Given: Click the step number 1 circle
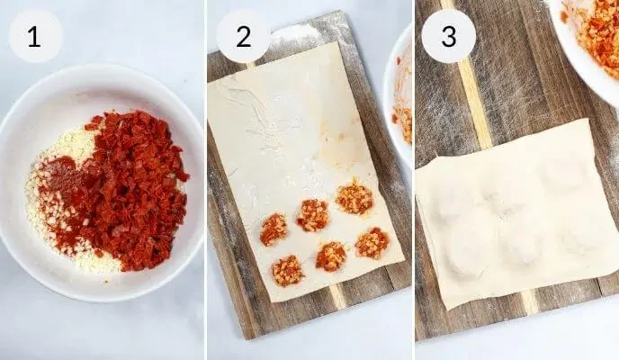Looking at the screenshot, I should tap(35, 37).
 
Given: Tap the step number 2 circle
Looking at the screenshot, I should tap(243, 37).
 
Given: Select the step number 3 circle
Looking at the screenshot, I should tap(448, 37).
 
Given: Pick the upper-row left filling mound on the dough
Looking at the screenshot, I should tap(274, 229).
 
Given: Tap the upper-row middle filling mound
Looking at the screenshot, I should tap(313, 215).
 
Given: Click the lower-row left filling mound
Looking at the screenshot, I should tap(288, 270).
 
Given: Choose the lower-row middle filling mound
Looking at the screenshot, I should tap(331, 256).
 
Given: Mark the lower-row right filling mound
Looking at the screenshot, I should tap(372, 242).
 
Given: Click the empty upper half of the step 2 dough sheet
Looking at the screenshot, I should tap(279, 126).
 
